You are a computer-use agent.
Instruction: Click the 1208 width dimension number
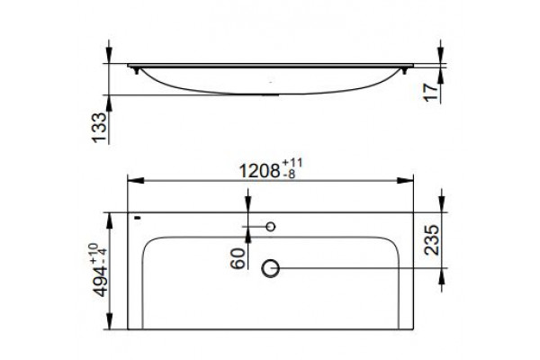pos(259,171)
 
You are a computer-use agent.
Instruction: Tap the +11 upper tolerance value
pos(292,163)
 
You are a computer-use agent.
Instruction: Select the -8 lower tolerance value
pos(289,175)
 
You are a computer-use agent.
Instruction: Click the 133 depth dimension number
pos(100,128)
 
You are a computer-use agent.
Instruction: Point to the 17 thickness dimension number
pos(431,93)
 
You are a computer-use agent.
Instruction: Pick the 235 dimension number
pos(432,239)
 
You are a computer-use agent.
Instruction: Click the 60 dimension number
pos(238,258)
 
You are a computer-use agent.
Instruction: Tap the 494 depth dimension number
pos(101,282)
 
